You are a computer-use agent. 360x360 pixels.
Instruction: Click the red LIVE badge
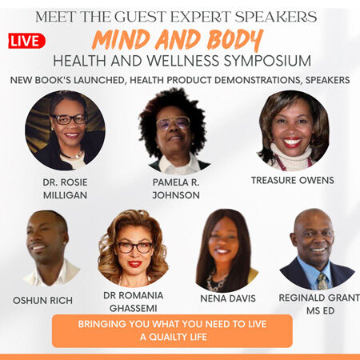pos(26,41)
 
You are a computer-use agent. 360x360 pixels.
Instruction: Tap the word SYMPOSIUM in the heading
pos(267,61)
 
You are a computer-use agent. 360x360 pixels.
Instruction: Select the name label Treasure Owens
pos(293,181)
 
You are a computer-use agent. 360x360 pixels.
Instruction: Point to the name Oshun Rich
pos(42,301)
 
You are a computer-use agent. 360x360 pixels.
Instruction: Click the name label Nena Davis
pos(228,298)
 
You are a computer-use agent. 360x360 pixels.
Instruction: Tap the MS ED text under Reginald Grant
pos(320,310)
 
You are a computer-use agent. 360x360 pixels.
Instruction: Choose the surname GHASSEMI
pos(133,308)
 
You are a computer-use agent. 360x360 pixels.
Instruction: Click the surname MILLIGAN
pos(65,195)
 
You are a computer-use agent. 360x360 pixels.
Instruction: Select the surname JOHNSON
pos(176,195)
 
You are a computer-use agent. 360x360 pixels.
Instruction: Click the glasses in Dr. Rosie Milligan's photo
pos(69,119)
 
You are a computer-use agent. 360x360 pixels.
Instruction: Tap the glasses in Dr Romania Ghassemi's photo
pos(134,247)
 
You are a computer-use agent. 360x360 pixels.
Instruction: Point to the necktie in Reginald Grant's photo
pos(322,282)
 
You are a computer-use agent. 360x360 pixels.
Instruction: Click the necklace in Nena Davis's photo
pos(218,282)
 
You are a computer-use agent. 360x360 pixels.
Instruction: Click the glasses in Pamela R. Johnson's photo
pos(173,123)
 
